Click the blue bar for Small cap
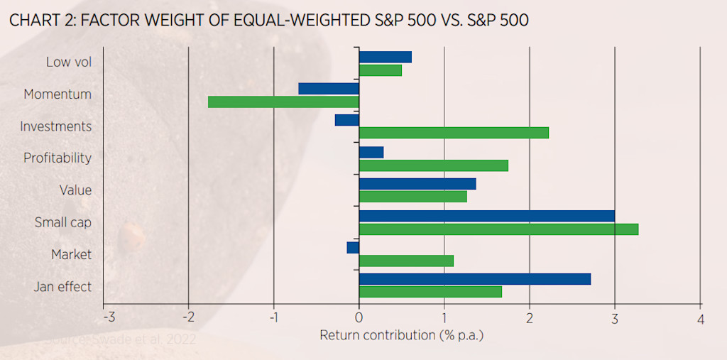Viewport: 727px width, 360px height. tap(487, 216)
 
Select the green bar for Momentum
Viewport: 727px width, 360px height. tap(283, 102)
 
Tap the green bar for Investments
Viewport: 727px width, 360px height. tap(454, 133)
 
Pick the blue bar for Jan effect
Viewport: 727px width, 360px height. tap(475, 279)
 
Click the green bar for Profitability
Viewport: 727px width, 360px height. tap(434, 165)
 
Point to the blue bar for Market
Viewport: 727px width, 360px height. tap(353, 248)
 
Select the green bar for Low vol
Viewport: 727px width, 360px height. tap(381, 70)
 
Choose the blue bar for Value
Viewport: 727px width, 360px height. tap(417, 184)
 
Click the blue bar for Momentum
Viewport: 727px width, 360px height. tap(329, 89)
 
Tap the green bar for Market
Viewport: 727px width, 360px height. tap(406, 261)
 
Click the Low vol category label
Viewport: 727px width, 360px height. tap(69, 62)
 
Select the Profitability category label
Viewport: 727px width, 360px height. tap(58, 158)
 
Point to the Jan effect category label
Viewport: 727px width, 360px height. tap(62, 287)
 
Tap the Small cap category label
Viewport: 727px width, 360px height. tap(63, 222)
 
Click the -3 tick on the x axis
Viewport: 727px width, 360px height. tap(108, 317)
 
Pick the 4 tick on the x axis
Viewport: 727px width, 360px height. tap(700, 317)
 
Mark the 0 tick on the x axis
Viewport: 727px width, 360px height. tap(359, 317)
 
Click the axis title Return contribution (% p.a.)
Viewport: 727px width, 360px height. tap(401, 334)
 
